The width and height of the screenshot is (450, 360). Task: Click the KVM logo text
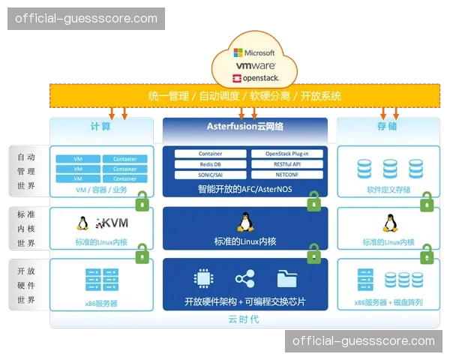112,223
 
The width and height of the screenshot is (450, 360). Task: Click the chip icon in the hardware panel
202,279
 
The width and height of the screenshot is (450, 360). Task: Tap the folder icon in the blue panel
286,279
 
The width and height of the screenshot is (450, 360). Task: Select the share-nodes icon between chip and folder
244,279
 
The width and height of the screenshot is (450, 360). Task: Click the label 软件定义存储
388,190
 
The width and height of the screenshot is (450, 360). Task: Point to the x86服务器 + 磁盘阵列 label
388,303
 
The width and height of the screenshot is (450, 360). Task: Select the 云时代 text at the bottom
244,320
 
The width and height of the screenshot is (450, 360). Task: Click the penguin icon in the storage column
388,223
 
